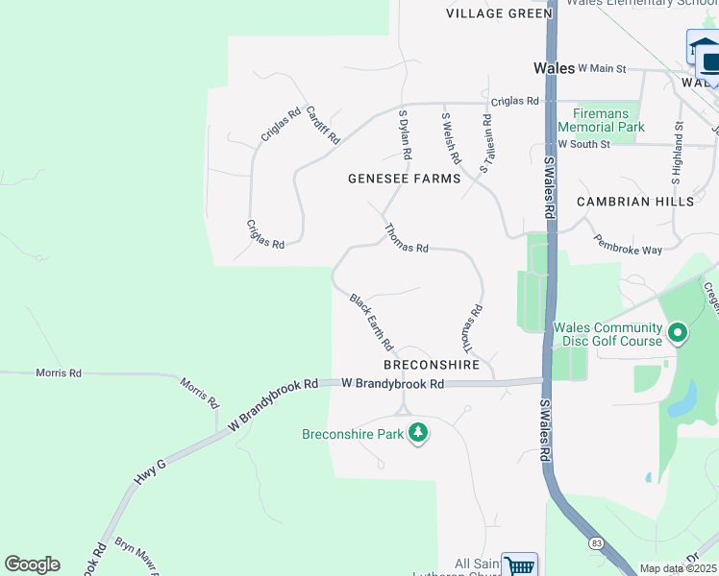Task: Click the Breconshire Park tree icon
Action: coord(417,434)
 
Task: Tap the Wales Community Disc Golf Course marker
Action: coord(678,334)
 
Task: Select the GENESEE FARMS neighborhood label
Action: coord(404,179)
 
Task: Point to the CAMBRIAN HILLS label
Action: coord(634,202)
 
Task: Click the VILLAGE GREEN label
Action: coord(500,13)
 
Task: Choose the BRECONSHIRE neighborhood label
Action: coord(432,366)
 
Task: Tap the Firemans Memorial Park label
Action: coord(602,120)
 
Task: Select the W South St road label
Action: coord(584,144)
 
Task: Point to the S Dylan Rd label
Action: coord(406,134)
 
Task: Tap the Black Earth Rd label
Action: coord(372,323)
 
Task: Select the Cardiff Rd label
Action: coord(323,125)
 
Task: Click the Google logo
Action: coord(32,564)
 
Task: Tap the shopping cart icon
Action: coord(519,565)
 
